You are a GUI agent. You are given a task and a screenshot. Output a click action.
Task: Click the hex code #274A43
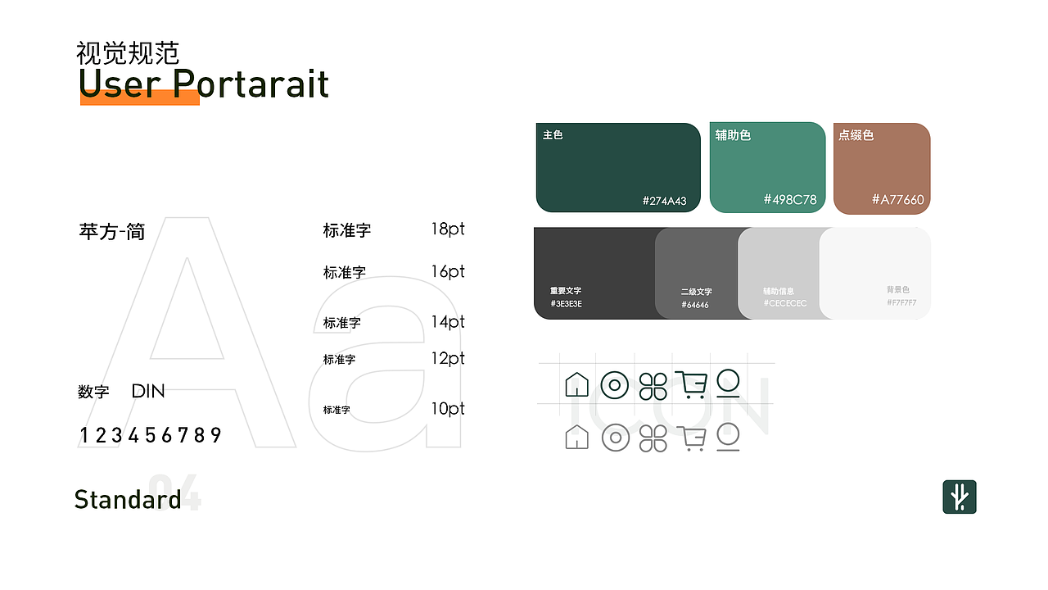(664, 201)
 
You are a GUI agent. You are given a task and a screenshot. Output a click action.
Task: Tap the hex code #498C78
(790, 199)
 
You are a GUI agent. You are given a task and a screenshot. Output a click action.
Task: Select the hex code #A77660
(897, 199)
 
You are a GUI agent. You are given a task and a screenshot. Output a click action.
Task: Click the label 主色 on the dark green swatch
(553, 134)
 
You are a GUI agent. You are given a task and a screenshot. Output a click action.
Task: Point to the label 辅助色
(733, 135)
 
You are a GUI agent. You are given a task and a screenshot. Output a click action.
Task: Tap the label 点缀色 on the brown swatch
(856, 135)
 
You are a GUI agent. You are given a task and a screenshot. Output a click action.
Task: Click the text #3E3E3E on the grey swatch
(567, 304)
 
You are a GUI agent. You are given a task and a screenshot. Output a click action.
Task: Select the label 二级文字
(696, 292)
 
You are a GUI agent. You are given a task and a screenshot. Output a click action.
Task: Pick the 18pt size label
(448, 229)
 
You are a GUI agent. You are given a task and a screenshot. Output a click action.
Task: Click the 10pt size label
(448, 408)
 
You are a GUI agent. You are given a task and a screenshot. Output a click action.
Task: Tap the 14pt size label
(448, 321)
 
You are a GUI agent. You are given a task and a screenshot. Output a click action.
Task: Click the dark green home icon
(577, 384)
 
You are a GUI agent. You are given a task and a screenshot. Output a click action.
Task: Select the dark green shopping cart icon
(691, 384)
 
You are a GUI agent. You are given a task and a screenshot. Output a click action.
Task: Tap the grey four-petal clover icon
(653, 438)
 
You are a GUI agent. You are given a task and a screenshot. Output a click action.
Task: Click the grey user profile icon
(728, 437)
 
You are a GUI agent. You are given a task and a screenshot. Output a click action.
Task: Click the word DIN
(148, 391)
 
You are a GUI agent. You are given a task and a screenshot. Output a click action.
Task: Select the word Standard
(128, 499)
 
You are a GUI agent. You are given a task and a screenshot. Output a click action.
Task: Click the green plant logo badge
(960, 497)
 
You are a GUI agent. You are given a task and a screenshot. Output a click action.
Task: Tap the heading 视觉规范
(128, 53)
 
